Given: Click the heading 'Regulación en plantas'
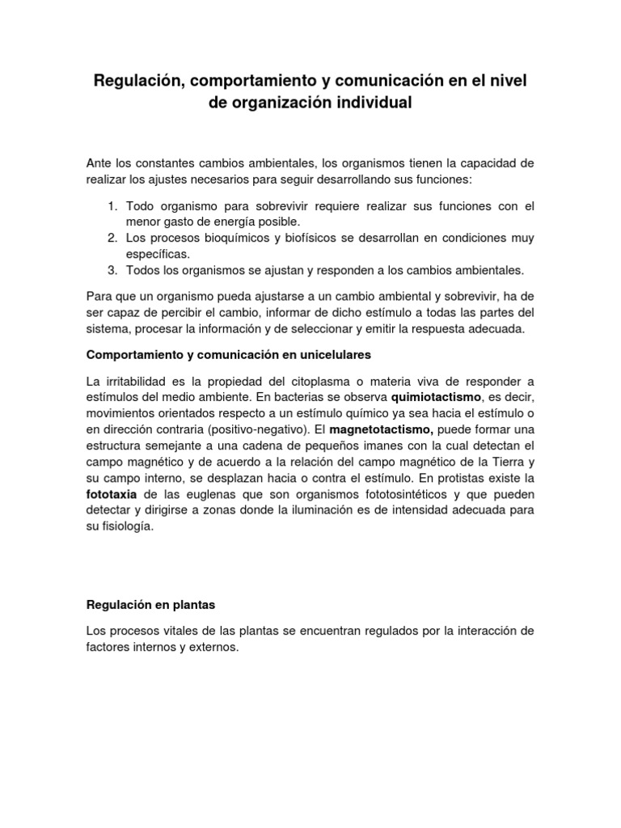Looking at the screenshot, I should click(x=151, y=604).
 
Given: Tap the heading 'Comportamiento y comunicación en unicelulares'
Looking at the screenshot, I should click(x=222, y=355).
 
